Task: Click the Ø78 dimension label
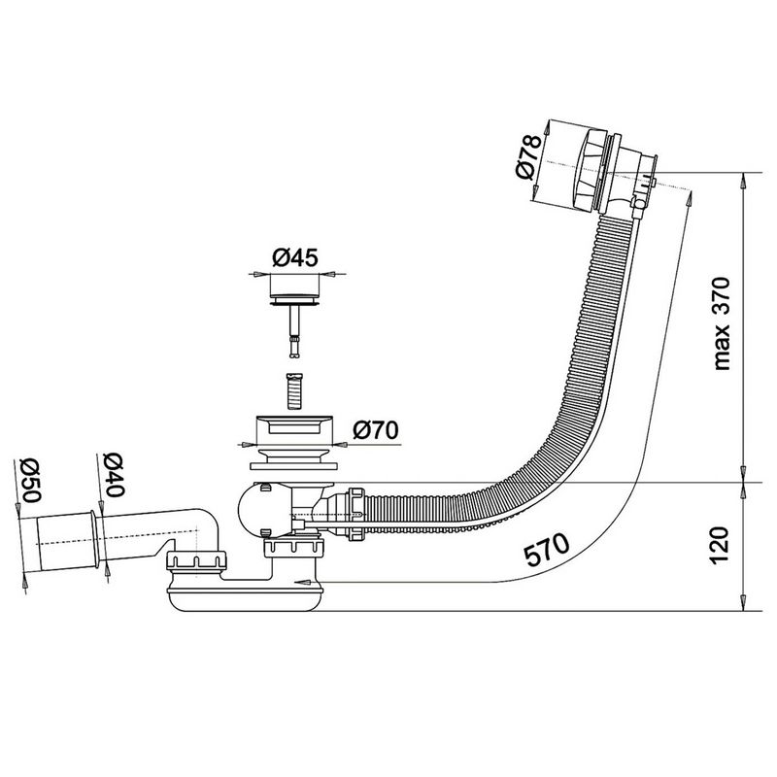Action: pos(527,156)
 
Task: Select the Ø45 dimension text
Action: pos(295,257)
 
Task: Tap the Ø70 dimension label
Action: pos(376,429)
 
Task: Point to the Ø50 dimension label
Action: pos(30,481)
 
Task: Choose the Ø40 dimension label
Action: pos(114,475)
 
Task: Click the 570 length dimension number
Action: pos(547,550)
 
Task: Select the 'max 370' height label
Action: pos(721,323)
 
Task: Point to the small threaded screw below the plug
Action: pos(294,391)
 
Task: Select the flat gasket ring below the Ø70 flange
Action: pos(294,466)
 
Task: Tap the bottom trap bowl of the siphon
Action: pos(246,598)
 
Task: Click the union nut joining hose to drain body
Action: pos(356,515)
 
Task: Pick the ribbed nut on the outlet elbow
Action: pos(196,560)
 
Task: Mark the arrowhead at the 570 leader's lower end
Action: pos(304,582)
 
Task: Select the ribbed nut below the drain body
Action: pos(294,549)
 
